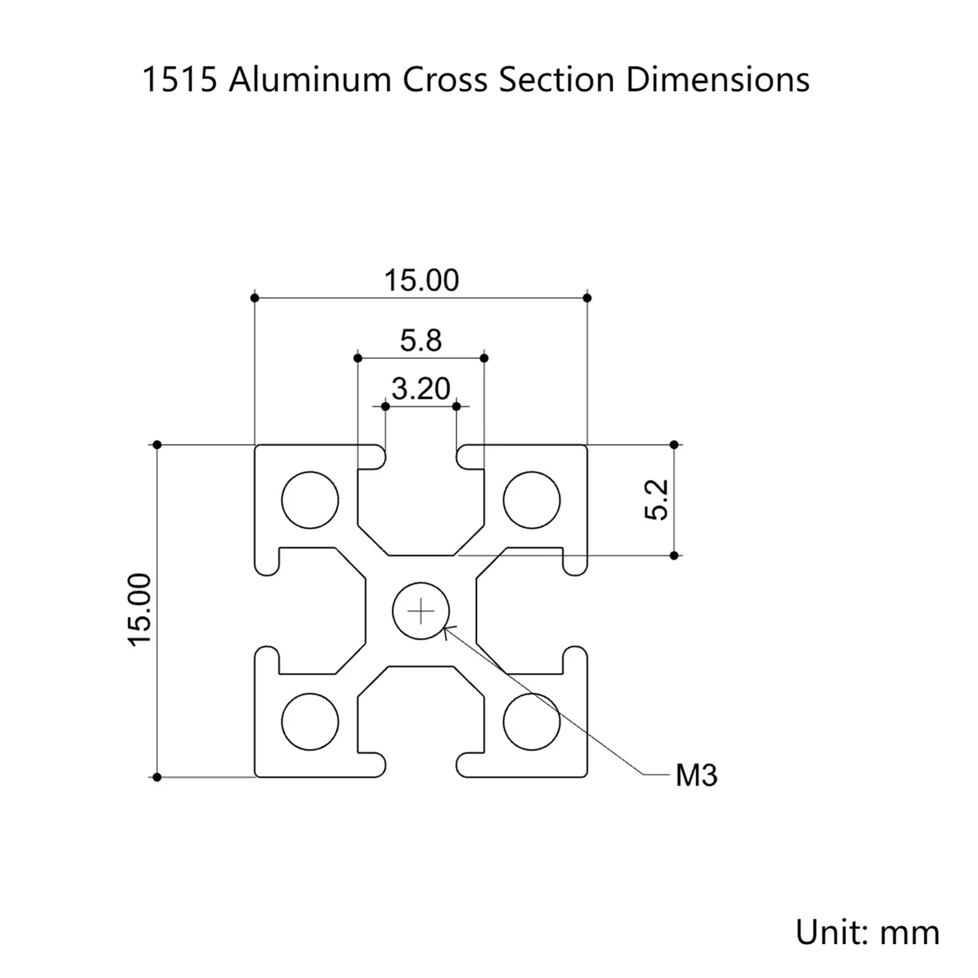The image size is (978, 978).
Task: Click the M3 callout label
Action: coord(696,775)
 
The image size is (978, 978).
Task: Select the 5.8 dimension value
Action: coord(421,341)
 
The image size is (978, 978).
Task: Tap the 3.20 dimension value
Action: coord(421,389)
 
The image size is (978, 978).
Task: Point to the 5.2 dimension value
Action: coord(657,499)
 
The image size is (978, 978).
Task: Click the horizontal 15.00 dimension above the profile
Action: coord(421,281)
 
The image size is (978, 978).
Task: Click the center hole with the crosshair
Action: coord(421,610)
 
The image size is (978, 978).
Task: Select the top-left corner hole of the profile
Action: coord(310,500)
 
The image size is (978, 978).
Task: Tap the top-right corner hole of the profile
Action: coord(532,500)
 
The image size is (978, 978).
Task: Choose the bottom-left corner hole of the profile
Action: coord(310,721)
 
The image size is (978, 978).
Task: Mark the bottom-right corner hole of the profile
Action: coord(532,721)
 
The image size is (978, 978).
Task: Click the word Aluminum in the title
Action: coord(310,79)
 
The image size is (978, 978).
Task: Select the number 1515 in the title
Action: coord(179,79)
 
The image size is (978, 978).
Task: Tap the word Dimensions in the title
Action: coord(717,79)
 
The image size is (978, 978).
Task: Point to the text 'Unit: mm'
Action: coord(867,932)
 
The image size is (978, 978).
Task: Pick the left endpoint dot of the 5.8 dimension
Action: coord(358,358)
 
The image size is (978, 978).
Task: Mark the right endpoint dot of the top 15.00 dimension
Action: coord(587,298)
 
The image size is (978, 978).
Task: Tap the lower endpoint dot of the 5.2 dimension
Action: coord(674,556)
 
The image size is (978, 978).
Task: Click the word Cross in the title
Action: coord(445,79)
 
